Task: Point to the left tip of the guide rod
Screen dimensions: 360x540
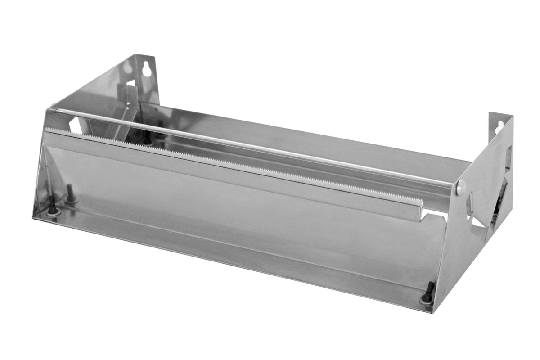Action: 53,108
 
